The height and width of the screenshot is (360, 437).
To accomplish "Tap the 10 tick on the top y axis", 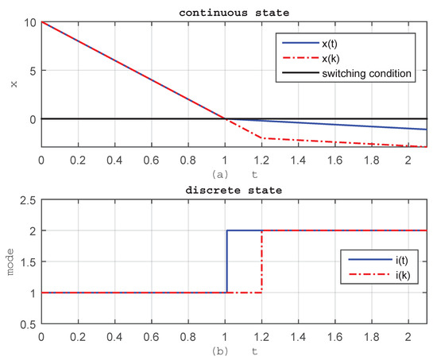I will pyautogui.click(x=29, y=22).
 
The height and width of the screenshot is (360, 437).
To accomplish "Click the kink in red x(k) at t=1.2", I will pyautogui.click(x=262, y=138).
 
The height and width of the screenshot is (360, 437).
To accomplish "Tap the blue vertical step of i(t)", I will pyautogui.click(x=228, y=262).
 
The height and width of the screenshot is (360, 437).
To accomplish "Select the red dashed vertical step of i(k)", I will pyautogui.click(x=262, y=262).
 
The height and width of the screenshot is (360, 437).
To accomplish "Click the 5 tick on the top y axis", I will pyautogui.click(x=33, y=70).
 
